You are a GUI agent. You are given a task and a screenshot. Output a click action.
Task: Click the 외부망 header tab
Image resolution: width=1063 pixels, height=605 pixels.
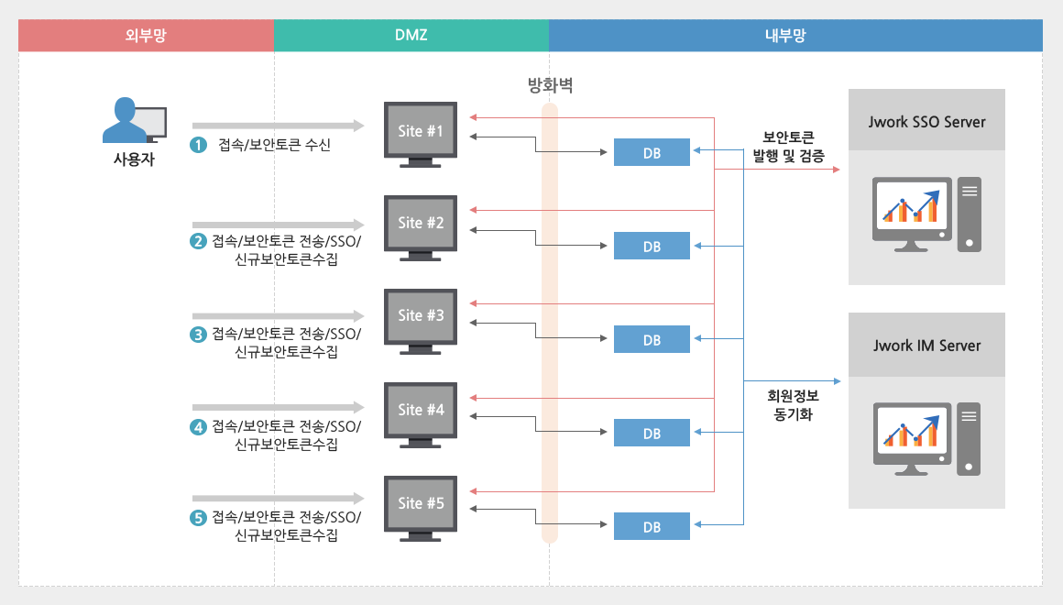tap(146, 36)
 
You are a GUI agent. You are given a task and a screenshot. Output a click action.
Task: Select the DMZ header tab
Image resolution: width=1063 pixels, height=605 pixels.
tap(411, 36)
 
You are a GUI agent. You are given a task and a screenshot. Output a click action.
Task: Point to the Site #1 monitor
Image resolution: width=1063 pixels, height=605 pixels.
tap(421, 134)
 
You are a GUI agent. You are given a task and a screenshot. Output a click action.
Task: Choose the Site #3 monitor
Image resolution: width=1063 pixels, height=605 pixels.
tap(421, 319)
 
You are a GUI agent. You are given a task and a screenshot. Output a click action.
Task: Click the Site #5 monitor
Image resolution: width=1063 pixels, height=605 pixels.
tap(421, 507)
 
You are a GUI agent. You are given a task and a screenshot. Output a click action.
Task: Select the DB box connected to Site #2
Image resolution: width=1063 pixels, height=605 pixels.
tap(652, 247)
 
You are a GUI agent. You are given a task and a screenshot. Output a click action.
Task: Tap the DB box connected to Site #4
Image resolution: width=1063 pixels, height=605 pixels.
tap(652, 433)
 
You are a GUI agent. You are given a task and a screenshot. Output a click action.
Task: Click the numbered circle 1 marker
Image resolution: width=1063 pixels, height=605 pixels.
tap(197, 145)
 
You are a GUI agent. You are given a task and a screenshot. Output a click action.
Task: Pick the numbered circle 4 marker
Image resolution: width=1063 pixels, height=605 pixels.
tap(197, 426)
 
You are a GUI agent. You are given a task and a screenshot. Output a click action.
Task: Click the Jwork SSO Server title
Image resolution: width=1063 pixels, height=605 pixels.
tap(926, 121)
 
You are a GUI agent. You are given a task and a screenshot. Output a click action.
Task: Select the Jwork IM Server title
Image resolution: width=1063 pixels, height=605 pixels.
tap(926, 346)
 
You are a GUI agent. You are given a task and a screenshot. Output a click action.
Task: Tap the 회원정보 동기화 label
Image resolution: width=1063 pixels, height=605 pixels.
tap(793, 406)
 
